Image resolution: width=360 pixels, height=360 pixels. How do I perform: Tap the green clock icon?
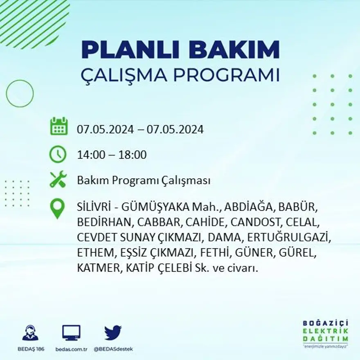(x=58, y=155)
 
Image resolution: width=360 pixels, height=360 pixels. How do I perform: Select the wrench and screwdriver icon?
(x=58, y=180)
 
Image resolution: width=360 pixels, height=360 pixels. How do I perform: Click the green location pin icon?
(x=57, y=208)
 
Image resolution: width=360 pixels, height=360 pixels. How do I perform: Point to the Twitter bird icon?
(x=112, y=333)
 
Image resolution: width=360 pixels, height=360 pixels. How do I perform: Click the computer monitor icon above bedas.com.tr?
(x=71, y=333)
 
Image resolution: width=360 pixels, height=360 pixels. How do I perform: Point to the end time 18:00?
(x=133, y=155)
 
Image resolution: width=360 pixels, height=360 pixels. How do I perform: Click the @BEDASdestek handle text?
(x=113, y=349)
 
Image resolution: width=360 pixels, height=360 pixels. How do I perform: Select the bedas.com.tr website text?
(x=71, y=349)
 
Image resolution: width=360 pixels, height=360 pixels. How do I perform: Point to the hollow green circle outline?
(x=20, y=94)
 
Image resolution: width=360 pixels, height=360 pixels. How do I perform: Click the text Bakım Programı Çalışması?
(x=144, y=181)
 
